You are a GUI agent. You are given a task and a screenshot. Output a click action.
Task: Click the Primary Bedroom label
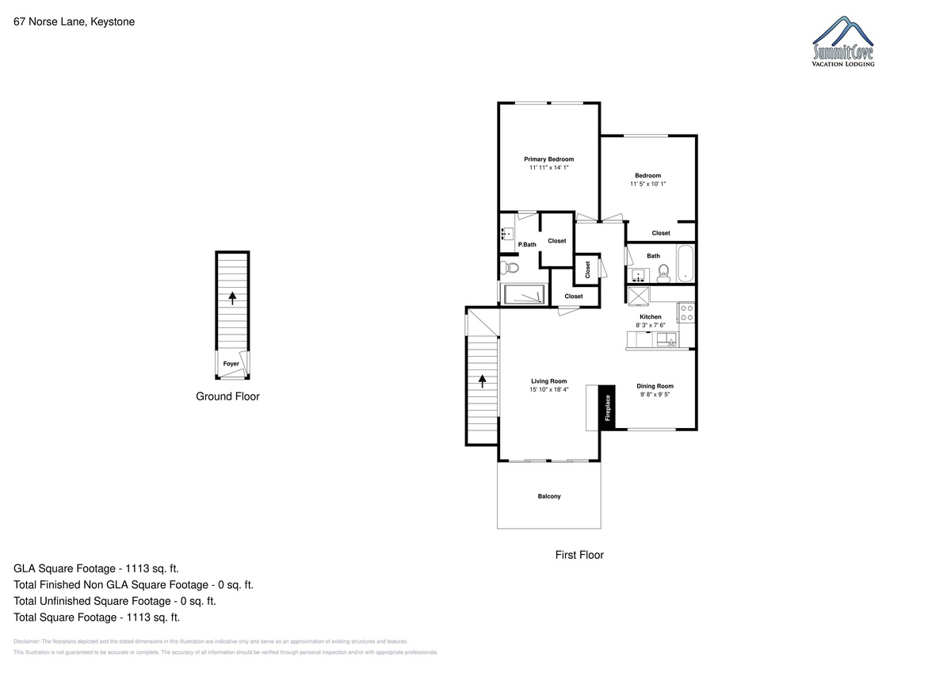tap(548, 159)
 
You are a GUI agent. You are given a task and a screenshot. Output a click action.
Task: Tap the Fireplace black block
tap(607, 407)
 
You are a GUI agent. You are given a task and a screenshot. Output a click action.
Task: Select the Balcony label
tap(549, 496)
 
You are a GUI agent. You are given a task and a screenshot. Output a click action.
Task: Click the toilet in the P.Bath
tap(510, 268)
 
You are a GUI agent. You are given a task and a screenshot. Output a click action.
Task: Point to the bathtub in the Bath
tap(686, 264)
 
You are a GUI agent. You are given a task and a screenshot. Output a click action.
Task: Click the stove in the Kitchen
tap(686, 312)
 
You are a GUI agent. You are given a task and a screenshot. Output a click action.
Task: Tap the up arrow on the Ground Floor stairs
tap(232, 298)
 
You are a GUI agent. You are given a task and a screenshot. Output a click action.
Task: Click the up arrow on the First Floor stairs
tap(483, 380)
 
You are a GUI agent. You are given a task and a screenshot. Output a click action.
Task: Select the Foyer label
tap(231, 364)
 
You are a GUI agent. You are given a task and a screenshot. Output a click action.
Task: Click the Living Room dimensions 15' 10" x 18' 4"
tap(548, 389)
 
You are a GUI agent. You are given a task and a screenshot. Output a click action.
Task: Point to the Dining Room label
tap(655, 386)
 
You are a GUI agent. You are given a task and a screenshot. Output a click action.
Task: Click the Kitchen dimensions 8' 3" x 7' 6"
tap(650, 325)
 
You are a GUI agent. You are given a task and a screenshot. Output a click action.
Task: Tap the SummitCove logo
tap(843, 41)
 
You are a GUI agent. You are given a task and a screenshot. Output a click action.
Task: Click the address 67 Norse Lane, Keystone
tap(74, 21)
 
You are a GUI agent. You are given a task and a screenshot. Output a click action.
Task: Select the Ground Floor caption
tap(227, 396)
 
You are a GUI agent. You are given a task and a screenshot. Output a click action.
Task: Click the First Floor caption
tap(579, 555)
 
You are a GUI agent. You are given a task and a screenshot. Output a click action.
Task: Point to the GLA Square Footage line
tap(96, 568)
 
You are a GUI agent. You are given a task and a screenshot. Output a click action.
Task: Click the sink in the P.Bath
tap(507, 234)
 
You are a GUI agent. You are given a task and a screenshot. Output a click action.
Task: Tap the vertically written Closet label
tap(587, 270)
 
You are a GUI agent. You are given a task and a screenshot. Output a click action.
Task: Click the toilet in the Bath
tap(663, 273)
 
